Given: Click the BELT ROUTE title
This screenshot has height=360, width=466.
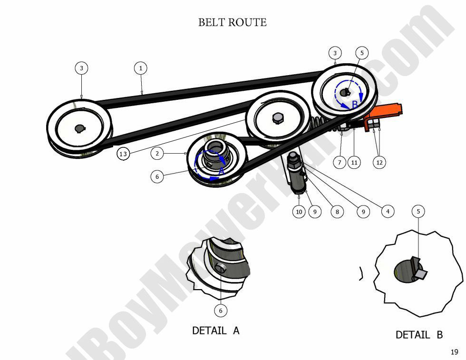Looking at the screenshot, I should (232, 22).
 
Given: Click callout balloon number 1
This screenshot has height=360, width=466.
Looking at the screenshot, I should (140, 68).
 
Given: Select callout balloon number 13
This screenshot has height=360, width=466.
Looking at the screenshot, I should (123, 154).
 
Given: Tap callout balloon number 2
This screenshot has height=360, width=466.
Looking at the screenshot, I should (157, 153).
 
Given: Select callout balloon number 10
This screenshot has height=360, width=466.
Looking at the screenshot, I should (299, 212).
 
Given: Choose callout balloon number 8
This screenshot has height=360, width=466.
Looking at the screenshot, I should (337, 212).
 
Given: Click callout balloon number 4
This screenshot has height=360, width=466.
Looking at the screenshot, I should (388, 212).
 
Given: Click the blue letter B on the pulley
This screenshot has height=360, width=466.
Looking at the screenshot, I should (354, 104).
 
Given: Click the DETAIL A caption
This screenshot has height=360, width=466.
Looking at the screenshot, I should (215, 330).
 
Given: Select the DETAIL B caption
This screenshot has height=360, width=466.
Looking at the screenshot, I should (419, 335).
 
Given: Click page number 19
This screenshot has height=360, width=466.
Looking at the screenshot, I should (454, 352).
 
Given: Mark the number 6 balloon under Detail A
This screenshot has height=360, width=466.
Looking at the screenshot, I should (220, 311).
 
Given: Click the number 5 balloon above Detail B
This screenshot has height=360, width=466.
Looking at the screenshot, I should (418, 211).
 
